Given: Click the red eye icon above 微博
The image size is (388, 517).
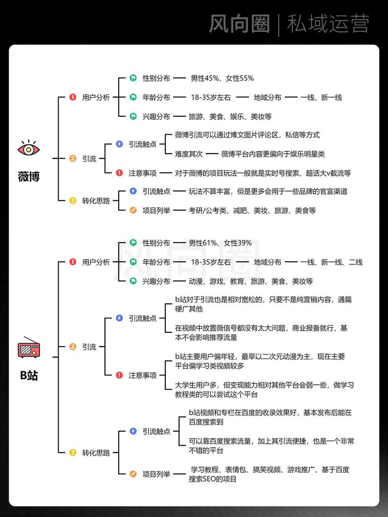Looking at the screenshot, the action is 29,148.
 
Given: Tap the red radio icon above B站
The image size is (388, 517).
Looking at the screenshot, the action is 29,347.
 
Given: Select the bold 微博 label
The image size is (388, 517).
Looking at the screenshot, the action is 29,177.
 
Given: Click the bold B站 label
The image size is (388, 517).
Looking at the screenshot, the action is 29,375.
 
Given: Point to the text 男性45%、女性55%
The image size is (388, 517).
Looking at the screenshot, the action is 222,78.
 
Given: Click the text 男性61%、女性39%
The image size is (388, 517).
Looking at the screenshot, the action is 220,243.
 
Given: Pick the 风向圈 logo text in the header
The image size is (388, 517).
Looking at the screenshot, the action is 239,23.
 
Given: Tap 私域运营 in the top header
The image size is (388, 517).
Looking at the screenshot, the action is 328,23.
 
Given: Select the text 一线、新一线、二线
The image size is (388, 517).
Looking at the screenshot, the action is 331,262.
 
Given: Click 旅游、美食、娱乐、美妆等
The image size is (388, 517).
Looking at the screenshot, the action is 230,116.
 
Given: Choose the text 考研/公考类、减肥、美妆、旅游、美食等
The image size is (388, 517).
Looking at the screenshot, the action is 252,210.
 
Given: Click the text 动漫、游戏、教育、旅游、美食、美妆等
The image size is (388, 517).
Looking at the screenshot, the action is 251,281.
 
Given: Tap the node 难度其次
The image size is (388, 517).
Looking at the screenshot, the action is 189,154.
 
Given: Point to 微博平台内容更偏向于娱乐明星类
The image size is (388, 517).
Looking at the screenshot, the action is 273,154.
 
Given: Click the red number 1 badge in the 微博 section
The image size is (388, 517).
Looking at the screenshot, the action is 73,97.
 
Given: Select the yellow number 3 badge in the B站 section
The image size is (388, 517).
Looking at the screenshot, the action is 73,453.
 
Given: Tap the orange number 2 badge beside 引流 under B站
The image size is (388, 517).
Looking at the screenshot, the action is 73,346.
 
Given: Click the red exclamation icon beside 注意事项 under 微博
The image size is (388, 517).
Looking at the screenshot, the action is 119,173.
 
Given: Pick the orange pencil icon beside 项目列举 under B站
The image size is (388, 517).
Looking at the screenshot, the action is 133,474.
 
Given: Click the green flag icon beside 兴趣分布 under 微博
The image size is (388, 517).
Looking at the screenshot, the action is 133,116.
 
